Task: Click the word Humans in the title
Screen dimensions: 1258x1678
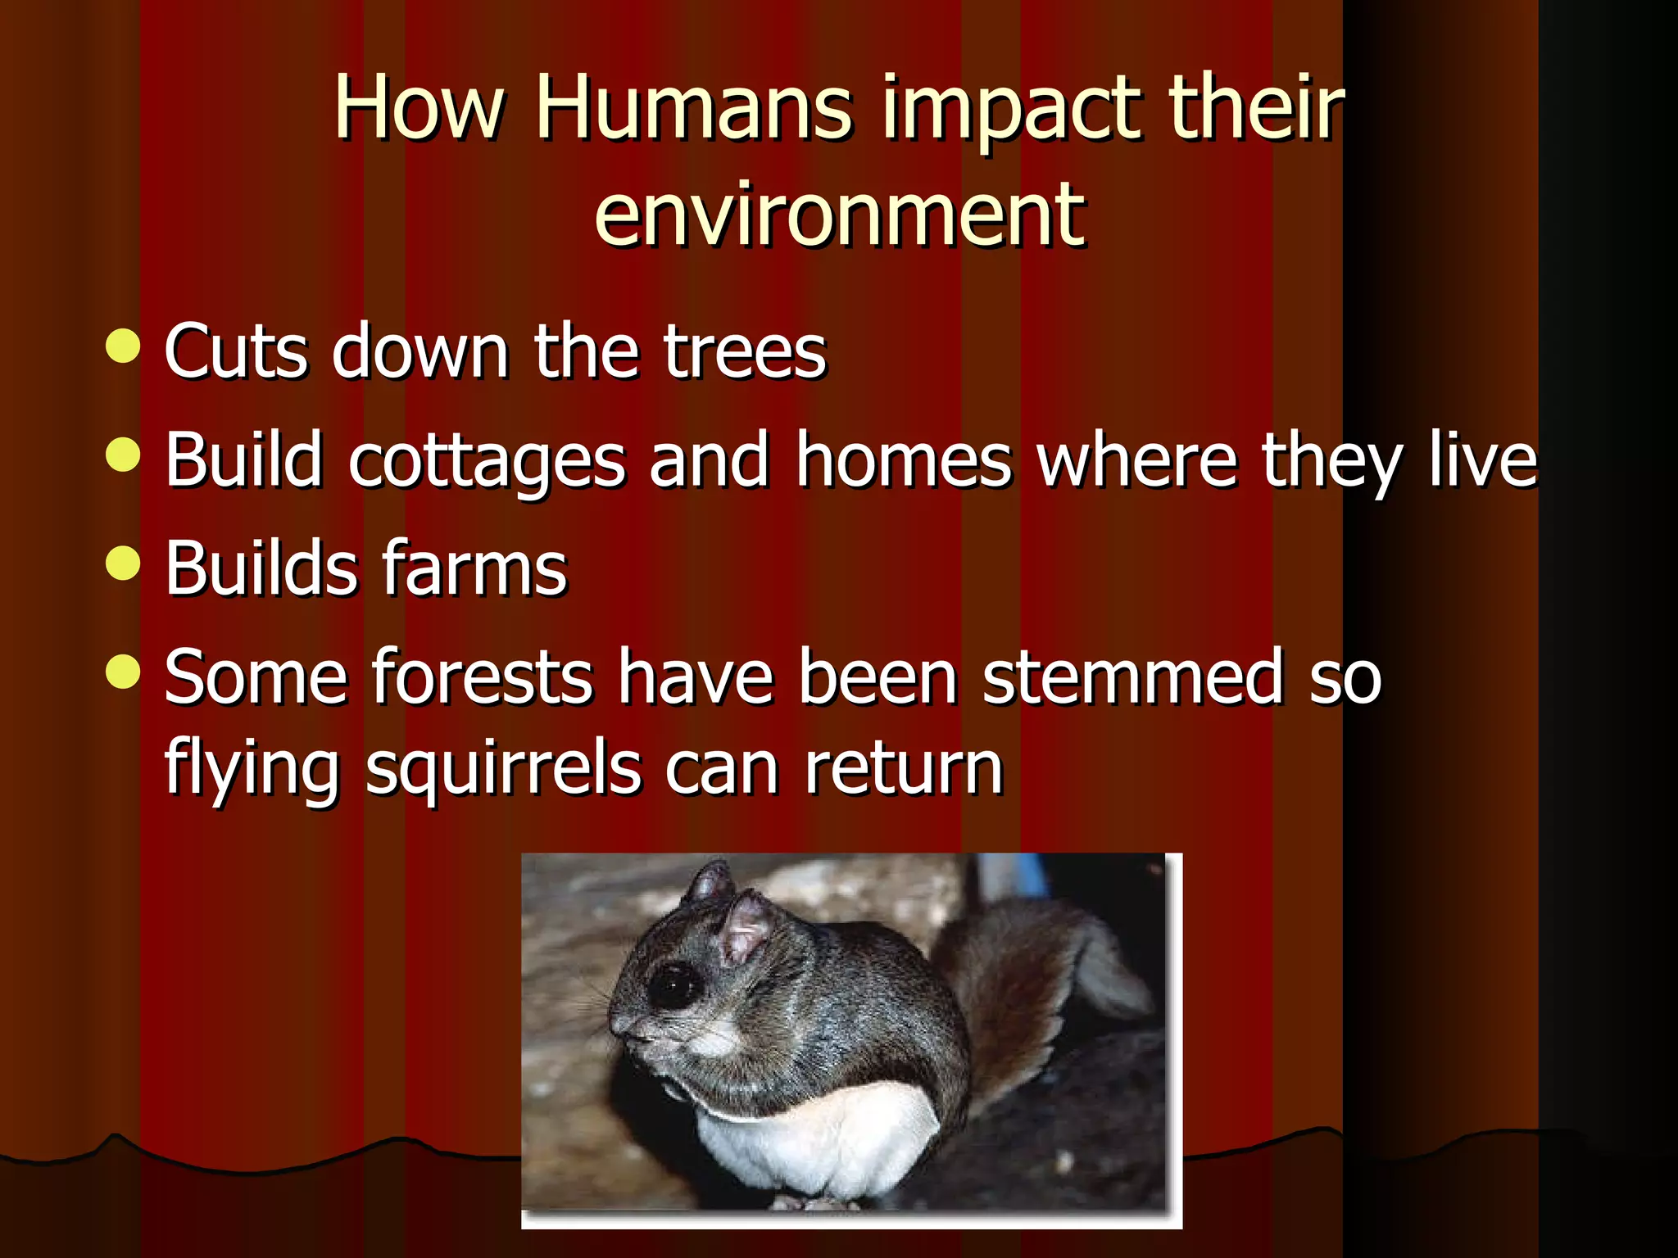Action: pyautogui.click(x=695, y=108)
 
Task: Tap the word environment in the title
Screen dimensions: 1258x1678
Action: pyautogui.click(x=839, y=215)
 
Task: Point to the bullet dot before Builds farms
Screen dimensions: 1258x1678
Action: pyautogui.click(x=124, y=563)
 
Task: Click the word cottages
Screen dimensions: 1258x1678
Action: pyautogui.click(x=488, y=461)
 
